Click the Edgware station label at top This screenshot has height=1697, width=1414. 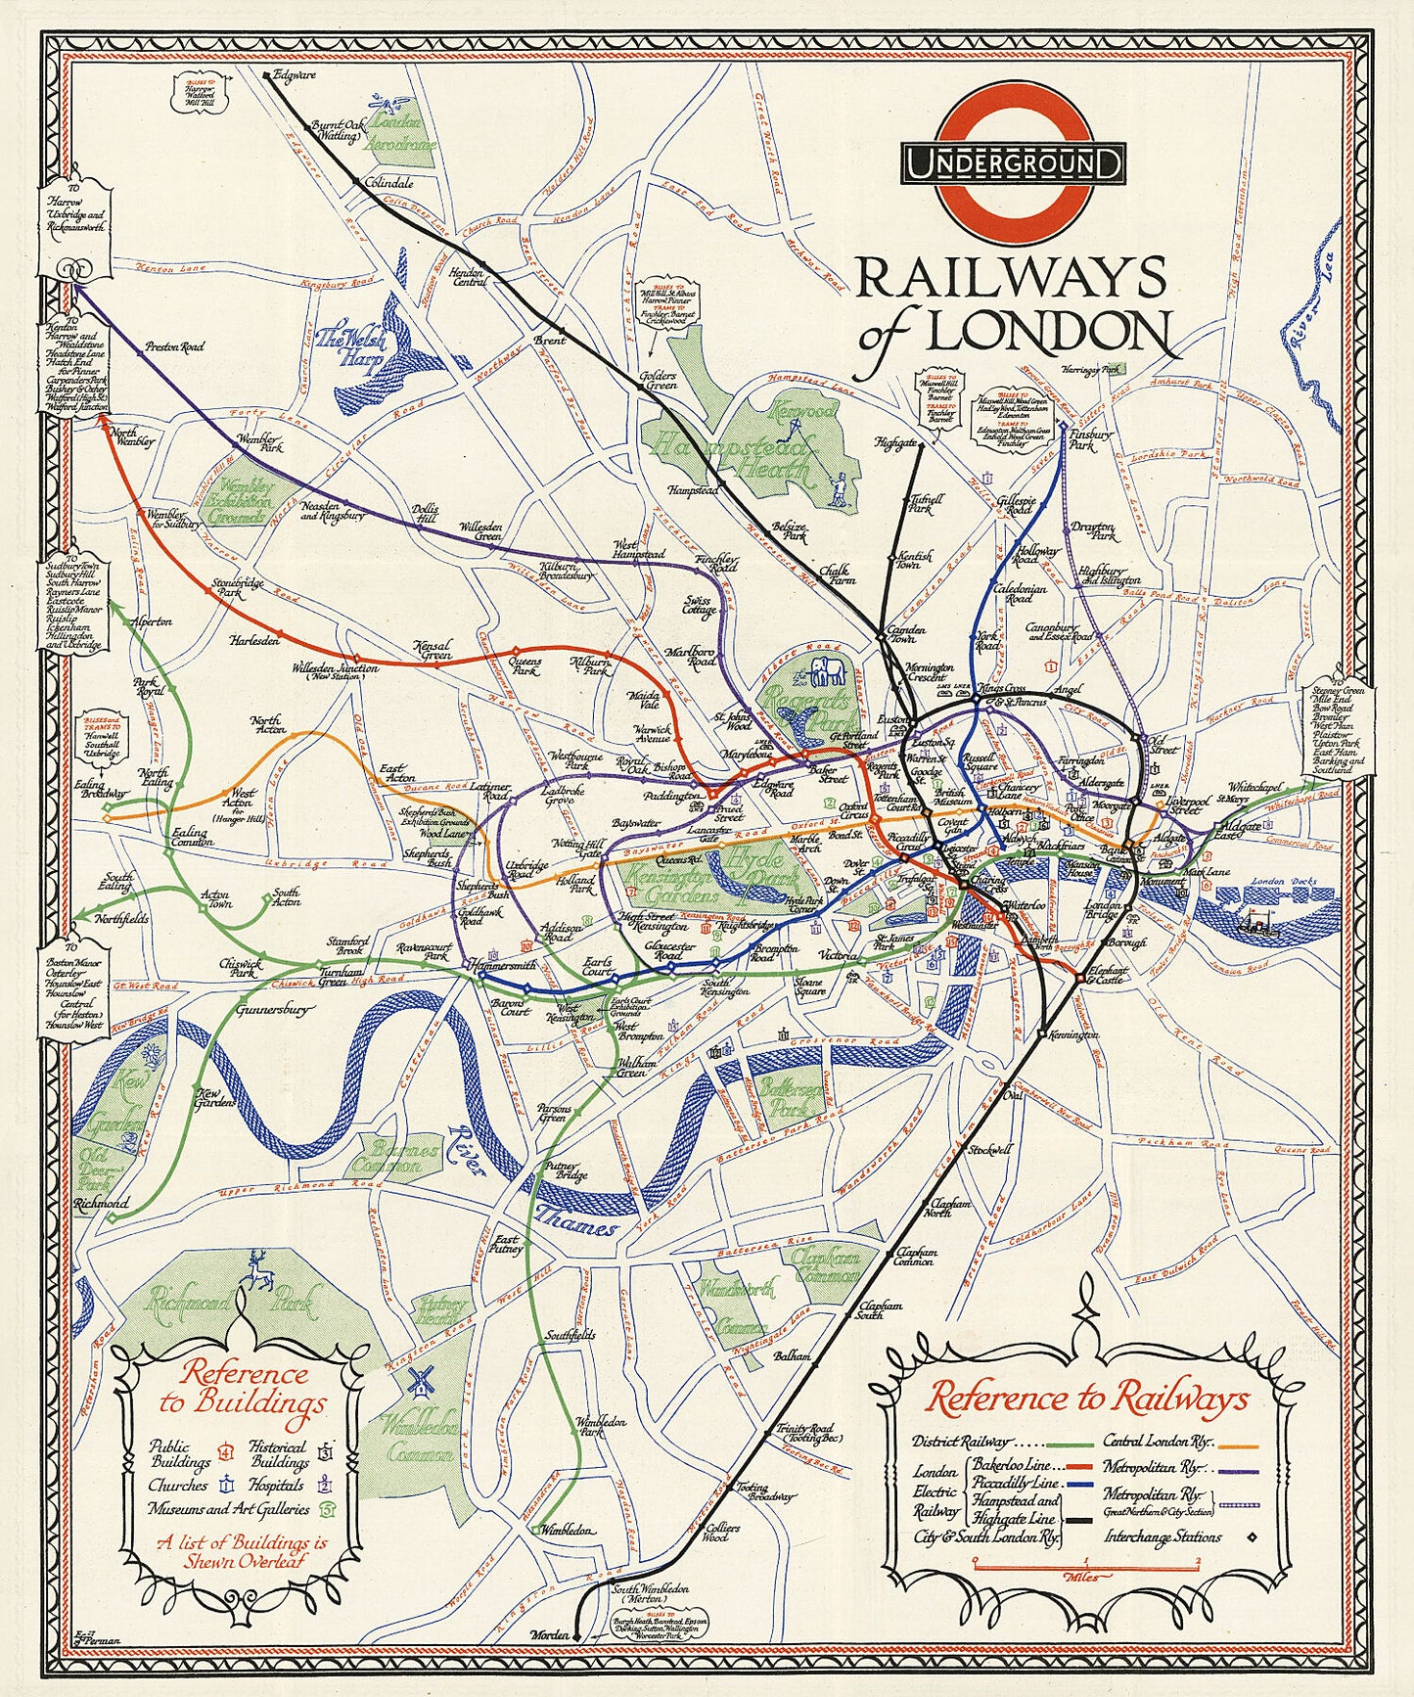tap(295, 74)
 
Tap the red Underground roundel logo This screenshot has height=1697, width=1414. tap(1013, 163)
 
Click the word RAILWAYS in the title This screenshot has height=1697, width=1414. tap(1011, 279)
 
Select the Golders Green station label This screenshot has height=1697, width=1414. tap(658, 380)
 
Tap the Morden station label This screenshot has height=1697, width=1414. tap(548, 1635)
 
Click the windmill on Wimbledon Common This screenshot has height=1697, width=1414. tap(420, 1380)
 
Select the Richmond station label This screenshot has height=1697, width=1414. tap(101, 1203)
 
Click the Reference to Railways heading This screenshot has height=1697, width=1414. tap(1087, 1398)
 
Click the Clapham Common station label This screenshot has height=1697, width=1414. tap(915, 1256)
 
